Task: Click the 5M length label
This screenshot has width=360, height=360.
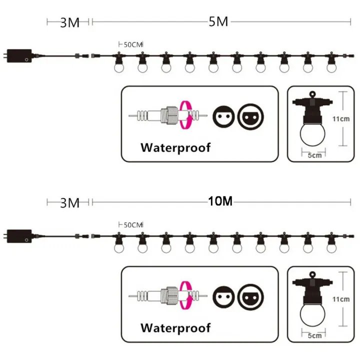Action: (218, 22)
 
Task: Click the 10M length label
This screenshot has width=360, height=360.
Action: (220, 201)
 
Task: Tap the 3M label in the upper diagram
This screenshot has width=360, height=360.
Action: (69, 22)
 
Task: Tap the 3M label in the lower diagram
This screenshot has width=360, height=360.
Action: (69, 203)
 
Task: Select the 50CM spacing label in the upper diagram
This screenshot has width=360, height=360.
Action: (133, 44)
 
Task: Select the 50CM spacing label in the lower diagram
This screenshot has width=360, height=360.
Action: (133, 225)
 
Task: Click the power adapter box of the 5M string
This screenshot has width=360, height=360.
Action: (19, 56)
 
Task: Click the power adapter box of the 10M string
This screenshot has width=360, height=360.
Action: (19, 236)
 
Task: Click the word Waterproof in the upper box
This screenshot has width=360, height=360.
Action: (175, 148)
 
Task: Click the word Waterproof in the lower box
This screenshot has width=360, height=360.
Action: (175, 328)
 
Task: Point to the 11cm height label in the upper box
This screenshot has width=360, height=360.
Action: (341, 119)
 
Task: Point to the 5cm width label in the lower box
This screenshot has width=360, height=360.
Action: (314, 336)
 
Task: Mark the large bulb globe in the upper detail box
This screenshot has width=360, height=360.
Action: (312, 134)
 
